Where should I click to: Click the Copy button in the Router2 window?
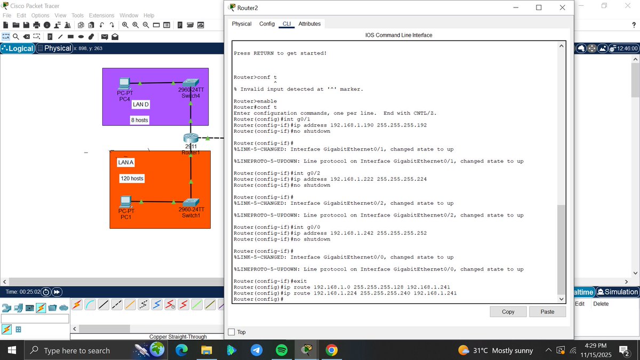(x=508, y=311)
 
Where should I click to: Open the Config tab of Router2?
(x=267, y=24)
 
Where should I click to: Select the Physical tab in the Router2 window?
(x=242, y=24)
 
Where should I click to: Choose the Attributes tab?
(x=309, y=24)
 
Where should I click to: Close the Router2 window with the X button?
(x=562, y=7)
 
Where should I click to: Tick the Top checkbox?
(x=231, y=332)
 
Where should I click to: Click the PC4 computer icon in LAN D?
(x=124, y=84)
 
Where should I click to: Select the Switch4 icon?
(x=190, y=83)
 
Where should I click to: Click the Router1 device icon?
(x=190, y=139)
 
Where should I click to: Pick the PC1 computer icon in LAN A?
(x=126, y=202)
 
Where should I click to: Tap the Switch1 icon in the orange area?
(x=190, y=202)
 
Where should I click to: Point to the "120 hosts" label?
(x=132, y=178)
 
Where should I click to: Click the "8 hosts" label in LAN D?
(x=139, y=120)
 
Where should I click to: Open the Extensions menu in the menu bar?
(x=101, y=15)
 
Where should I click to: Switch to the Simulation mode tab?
(x=618, y=292)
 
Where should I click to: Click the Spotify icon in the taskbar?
(x=282, y=350)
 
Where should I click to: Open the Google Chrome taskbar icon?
(x=331, y=350)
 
